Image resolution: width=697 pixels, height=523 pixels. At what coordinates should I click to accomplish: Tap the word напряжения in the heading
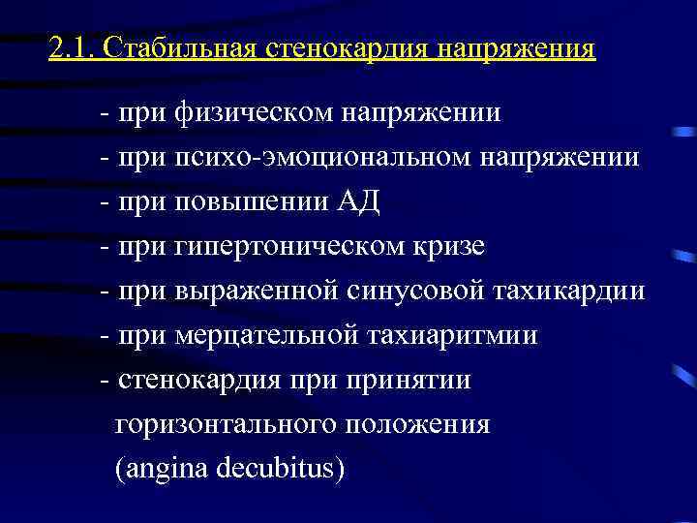[513, 48]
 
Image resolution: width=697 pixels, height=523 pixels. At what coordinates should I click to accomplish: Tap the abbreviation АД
[359, 202]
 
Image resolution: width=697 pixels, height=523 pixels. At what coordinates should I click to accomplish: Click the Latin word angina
[160, 470]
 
